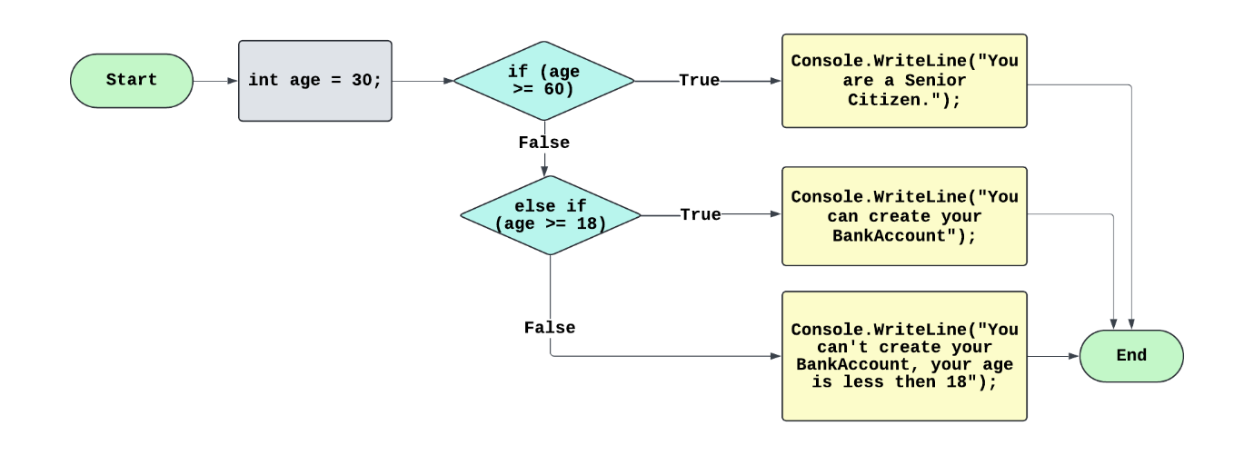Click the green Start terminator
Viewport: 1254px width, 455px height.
132,80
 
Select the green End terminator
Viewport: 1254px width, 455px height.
1131,356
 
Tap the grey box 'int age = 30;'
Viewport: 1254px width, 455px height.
314,81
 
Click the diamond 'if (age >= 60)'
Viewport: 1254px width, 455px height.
543,81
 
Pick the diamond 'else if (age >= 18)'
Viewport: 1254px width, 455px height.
550,215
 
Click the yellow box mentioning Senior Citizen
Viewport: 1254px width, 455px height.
904,81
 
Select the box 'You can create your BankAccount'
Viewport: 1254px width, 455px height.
904,216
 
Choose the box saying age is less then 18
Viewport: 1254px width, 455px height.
904,356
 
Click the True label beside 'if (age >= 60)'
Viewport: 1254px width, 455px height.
699,81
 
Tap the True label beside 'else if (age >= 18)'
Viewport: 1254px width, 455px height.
700,215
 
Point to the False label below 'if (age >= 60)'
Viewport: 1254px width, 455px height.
543,143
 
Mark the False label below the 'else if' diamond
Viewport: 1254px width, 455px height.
550,328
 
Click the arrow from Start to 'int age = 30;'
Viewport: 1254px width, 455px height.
215,81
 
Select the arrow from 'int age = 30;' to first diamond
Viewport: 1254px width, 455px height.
423,81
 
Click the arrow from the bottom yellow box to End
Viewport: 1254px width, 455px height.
1052,356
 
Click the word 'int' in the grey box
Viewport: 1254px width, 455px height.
264,81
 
